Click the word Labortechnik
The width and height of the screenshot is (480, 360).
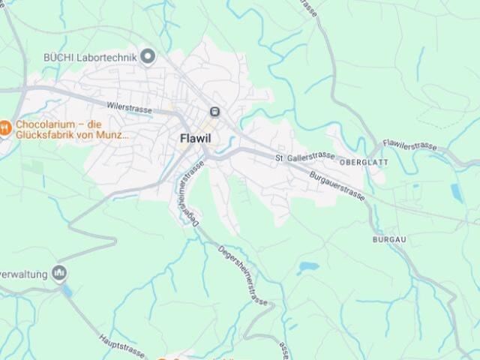coord(110,56)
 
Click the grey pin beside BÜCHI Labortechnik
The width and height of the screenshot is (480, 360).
coord(148,55)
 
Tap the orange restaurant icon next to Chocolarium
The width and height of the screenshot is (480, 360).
coord(4,127)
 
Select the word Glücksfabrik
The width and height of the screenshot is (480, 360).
coord(46,136)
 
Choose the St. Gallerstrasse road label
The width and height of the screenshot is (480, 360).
coord(304,157)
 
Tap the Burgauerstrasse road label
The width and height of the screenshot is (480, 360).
coord(337,185)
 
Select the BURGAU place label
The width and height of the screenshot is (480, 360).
coord(388,238)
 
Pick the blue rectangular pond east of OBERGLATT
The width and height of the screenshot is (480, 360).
coord(456,192)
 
